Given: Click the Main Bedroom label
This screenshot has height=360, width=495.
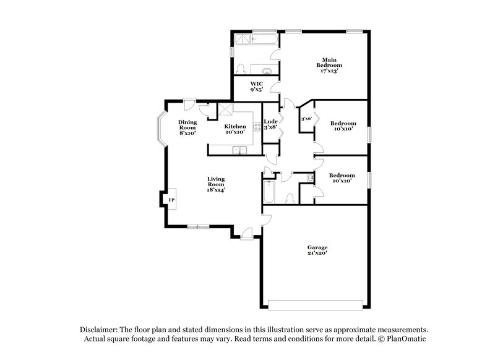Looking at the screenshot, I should click(329, 65).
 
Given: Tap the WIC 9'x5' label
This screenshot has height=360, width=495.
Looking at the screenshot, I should click(256, 87).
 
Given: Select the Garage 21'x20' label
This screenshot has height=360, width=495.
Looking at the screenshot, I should click(317, 250).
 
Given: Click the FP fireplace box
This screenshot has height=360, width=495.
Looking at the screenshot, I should click(171, 200).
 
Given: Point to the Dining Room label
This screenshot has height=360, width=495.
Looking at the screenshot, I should click(187, 127).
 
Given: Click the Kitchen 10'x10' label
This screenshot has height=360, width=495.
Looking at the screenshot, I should click(235, 129).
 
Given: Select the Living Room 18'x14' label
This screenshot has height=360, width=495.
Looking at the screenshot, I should click(215, 184).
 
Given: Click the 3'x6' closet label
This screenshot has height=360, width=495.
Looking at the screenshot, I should click(305, 119).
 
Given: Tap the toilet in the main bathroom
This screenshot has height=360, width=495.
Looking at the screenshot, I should click(241, 69).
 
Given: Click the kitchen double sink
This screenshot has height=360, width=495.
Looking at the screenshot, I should click(238, 150).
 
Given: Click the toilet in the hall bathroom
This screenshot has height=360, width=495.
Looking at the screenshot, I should click(290, 198).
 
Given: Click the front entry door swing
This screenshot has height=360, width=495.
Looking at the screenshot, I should click(246, 232).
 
